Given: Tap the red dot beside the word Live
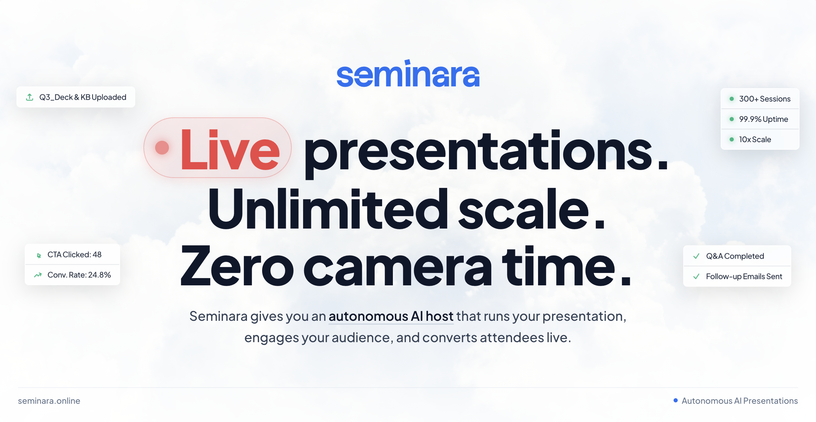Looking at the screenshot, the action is coord(162,148).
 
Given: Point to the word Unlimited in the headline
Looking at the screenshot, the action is coord(328,209).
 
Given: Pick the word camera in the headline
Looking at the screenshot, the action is coord(398,270).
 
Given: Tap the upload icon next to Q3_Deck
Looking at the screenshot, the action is coord(30,97).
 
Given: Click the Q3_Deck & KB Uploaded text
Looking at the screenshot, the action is coord(83,97).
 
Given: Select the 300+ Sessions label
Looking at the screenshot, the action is coord(765,99).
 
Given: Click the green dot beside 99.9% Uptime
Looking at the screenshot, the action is coord(732,119).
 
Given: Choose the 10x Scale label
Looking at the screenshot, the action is coord(755,139).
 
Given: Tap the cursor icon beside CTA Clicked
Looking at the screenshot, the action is coord(39,255).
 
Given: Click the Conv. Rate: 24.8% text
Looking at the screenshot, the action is coord(79,275).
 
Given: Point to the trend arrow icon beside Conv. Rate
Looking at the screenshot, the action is coord(38,275).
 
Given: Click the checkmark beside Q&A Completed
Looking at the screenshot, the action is coord(696,256).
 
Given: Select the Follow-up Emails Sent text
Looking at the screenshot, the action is coord(744,276).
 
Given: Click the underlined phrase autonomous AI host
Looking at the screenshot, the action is coord(391,316).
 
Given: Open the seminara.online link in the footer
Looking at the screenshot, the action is coord(49,401).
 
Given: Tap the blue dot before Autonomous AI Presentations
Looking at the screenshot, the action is coord(676,400).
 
